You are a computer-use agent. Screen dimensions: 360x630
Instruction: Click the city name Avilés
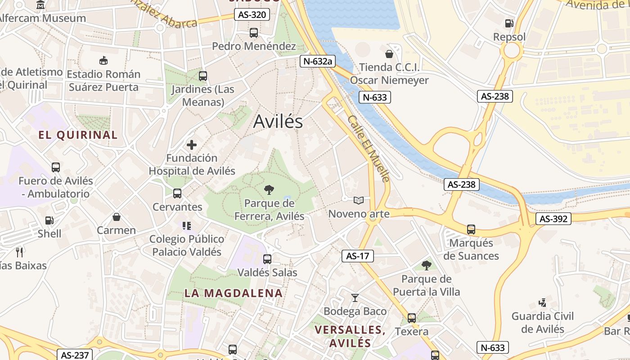coord(278,121)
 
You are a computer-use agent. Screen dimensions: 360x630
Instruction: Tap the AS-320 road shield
coord(252,15)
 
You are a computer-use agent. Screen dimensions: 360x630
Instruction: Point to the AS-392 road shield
coord(553,219)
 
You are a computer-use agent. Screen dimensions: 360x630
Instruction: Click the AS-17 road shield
coord(358,256)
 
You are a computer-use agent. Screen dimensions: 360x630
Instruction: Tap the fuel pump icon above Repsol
coord(509,23)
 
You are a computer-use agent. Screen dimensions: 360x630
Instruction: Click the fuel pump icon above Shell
coord(49,220)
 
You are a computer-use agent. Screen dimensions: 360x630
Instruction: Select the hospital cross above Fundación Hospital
coord(192,145)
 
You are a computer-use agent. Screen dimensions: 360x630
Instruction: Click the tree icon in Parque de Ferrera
coord(269,190)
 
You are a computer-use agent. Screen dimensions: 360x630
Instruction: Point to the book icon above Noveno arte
coord(359,200)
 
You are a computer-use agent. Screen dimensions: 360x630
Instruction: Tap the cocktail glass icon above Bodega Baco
coord(355,297)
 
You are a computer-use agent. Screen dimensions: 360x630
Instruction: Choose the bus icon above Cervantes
coord(177,193)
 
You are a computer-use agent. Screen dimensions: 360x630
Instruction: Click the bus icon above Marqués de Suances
coord(471,229)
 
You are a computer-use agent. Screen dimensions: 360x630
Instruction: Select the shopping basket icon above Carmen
coord(117,217)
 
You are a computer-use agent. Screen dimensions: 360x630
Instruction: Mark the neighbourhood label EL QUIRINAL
coord(78,135)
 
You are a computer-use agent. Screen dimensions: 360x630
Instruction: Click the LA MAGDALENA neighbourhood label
coord(234,293)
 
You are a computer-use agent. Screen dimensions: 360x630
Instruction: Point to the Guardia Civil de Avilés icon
coord(542,302)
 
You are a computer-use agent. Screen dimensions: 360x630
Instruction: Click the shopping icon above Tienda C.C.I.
coord(389,54)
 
